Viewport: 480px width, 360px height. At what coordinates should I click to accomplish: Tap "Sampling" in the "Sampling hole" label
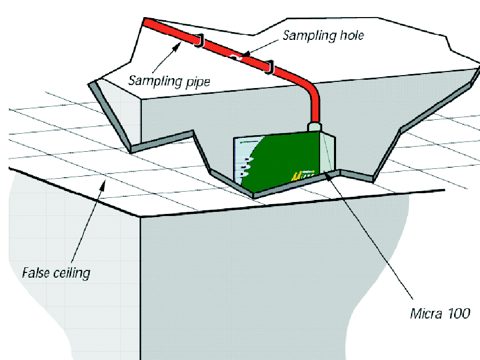click(309, 36)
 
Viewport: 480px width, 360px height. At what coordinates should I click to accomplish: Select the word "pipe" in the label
click(197, 82)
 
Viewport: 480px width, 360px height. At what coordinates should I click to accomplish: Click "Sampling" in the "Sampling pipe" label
click(155, 81)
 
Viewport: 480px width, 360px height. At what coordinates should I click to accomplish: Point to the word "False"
click(35, 272)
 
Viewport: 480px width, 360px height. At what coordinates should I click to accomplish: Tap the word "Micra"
click(426, 313)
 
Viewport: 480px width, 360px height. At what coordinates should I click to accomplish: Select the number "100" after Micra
click(458, 314)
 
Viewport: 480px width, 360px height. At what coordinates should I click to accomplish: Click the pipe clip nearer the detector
click(269, 67)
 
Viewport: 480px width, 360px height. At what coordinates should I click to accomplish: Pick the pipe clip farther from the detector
click(199, 40)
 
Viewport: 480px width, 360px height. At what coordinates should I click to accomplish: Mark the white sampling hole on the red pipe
click(235, 56)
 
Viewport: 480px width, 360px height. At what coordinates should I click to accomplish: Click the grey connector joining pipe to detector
click(314, 127)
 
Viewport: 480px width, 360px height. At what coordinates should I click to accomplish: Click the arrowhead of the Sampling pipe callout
click(178, 47)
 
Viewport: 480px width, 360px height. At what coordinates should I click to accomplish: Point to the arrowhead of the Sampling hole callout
click(245, 54)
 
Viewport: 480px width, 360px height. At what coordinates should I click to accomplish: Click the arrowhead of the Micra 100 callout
click(328, 176)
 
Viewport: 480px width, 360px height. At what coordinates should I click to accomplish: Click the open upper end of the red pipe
click(145, 21)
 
